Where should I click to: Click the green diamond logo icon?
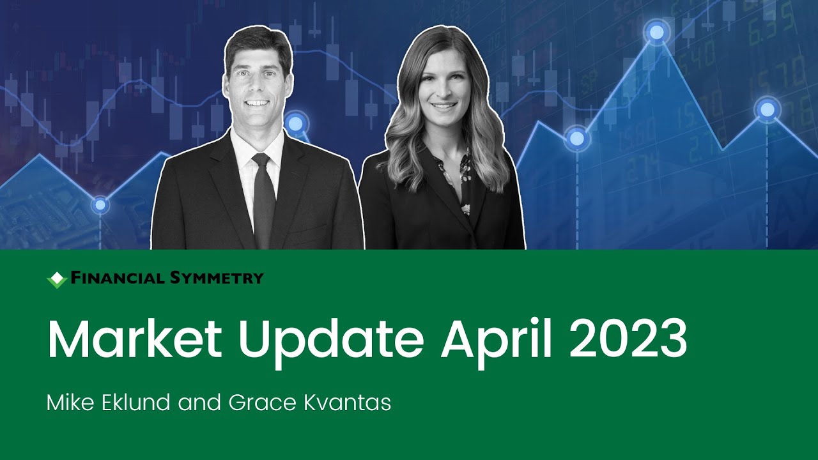click(58, 279)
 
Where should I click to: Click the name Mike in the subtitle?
click(68, 403)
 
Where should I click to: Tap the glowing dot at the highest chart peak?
click(656, 31)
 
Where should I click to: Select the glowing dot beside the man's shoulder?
click(296, 122)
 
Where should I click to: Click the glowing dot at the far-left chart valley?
click(100, 205)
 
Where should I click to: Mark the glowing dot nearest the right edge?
click(767, 110)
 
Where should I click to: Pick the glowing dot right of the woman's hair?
click(576, 137)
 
